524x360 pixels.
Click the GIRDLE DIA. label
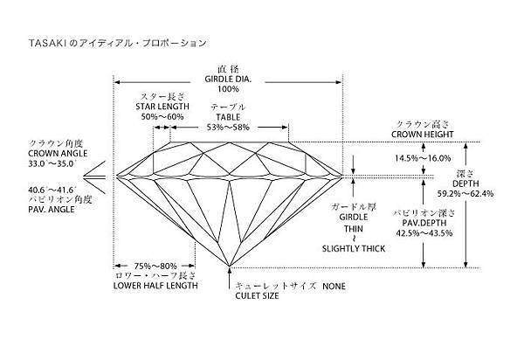pos(228,78)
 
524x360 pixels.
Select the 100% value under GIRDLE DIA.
pos(228,89)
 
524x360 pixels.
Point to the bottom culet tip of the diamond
pos(229,266)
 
